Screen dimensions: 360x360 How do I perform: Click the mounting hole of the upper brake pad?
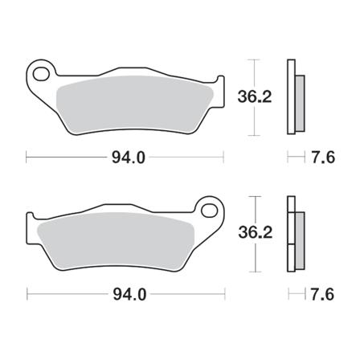pos(39,76)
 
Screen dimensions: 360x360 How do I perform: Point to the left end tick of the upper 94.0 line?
pos(27,157)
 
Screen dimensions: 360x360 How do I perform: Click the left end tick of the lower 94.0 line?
pos(27,295)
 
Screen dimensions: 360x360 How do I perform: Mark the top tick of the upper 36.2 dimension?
pos(256,61)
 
